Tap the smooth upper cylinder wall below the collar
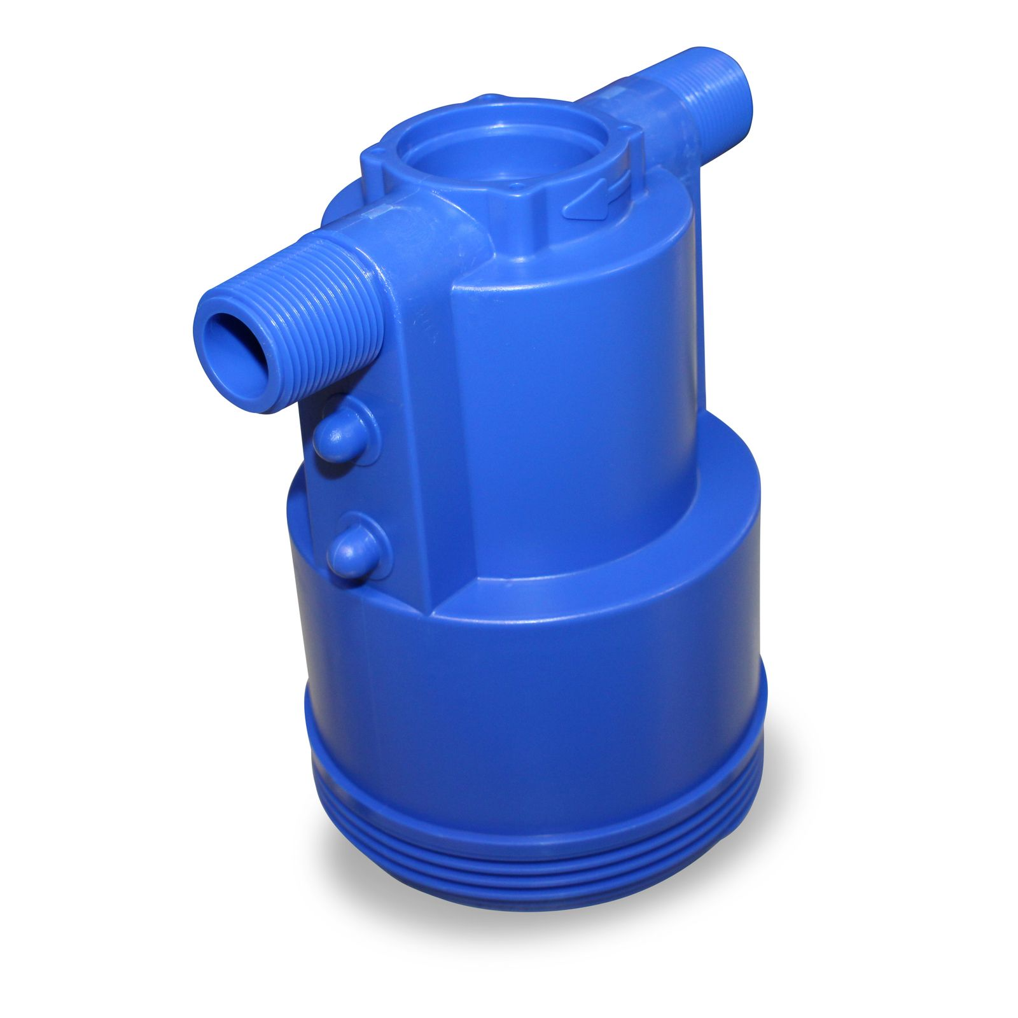(x=573, y=382)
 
